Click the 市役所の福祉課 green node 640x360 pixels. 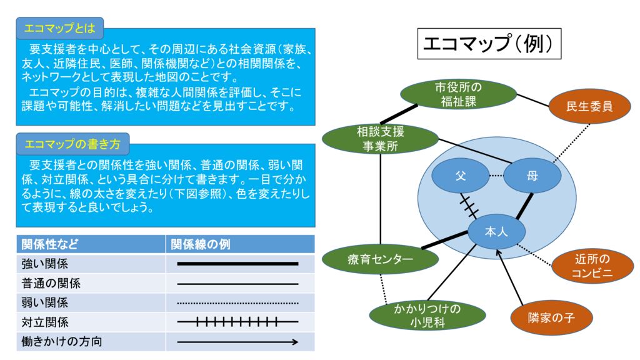click(x=458, y=94)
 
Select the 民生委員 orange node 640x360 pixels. click(x=589, y=106)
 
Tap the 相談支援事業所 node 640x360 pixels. click(x=380, y=139)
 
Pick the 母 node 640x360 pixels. click(x=532, y=176)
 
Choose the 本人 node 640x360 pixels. click(x=497, y=231)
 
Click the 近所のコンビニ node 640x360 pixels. click(x=592, y=266)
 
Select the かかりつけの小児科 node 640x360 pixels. click(x=427, y=316)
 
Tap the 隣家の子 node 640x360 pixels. click(x=551, y=317)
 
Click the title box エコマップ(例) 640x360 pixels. click(x=489, y=44)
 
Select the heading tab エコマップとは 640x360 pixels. click(x=59, y=28)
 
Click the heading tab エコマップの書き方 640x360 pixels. click(x=72, y=144)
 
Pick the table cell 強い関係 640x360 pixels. click(x=91, y=264)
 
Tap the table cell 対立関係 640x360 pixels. click(x=91, y=322)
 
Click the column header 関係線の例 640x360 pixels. click(x=240, y=244)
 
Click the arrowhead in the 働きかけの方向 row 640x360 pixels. click(x=294, y=342)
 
